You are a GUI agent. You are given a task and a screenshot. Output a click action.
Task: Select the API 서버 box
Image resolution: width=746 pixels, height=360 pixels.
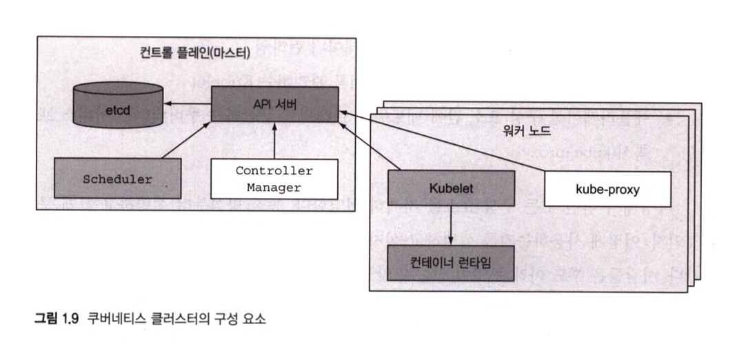(274, 103)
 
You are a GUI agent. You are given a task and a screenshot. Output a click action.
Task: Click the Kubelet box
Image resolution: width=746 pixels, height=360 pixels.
(451, 188)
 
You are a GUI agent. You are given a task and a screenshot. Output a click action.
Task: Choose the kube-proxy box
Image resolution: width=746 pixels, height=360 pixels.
(607, 188)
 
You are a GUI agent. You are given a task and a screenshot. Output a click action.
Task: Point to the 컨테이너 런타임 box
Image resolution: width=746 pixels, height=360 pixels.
(451, 262)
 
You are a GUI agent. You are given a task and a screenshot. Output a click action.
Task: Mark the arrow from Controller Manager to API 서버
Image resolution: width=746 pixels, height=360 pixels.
(274, 141)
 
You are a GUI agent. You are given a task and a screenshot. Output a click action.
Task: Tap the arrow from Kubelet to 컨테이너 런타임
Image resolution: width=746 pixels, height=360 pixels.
(451, 225)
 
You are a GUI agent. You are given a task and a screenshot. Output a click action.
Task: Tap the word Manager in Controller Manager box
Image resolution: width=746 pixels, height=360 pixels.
(274, 187)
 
